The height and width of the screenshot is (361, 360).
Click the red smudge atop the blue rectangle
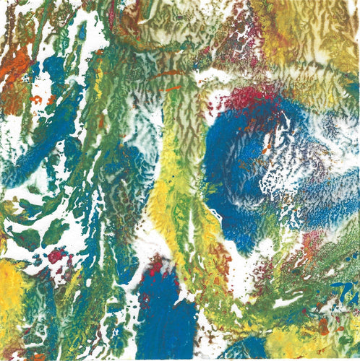(155, 267)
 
